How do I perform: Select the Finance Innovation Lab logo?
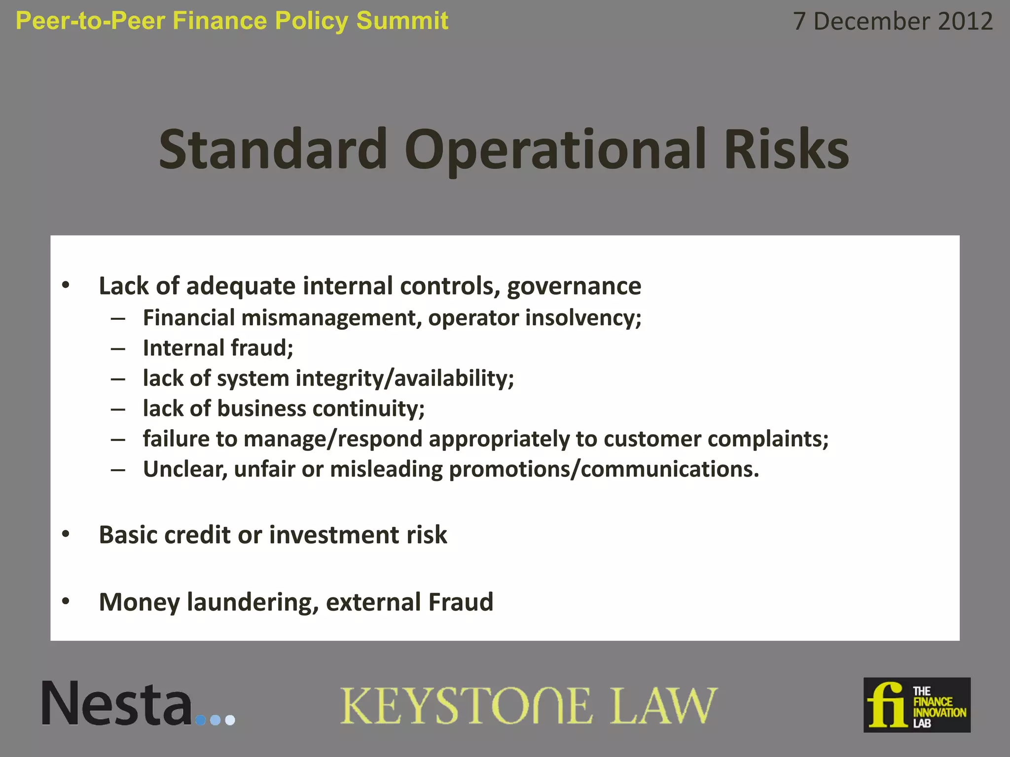point(917,705)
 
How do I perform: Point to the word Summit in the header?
point(402,21)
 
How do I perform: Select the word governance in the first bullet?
point(574,286)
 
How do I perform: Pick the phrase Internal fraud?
point(218,348)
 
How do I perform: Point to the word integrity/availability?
point(404,378)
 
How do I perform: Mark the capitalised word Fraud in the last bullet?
point(461,602)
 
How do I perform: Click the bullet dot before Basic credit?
point(66,534)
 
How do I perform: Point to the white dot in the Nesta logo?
point(230,721)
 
